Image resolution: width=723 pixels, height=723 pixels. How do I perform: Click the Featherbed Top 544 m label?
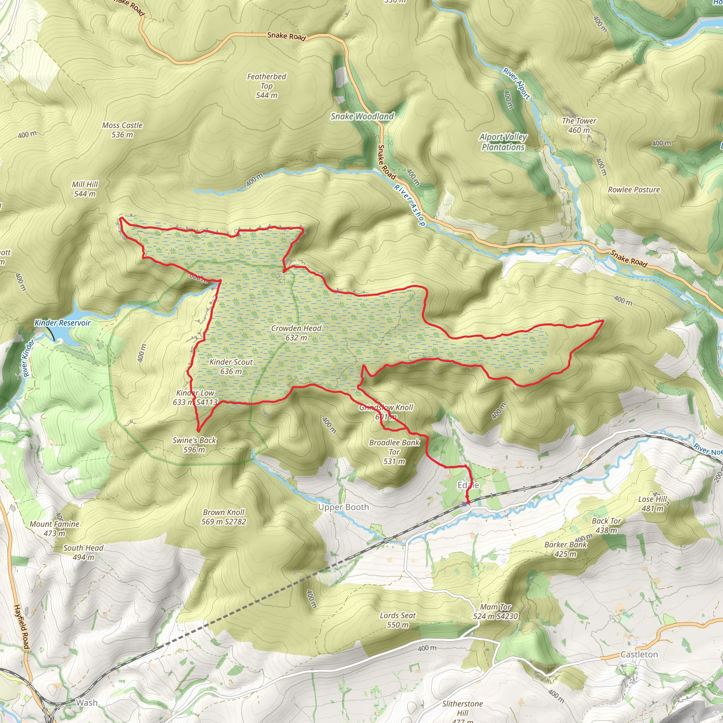pyautogui.click(x=267, y=86)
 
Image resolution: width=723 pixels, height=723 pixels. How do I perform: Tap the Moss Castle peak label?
pyautogui.click(x=122, y=130)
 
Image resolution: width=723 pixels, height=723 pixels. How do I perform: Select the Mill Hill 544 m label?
pyautogui.click(x=85, y=189)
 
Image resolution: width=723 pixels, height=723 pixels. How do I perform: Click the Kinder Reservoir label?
pyautogui.click(x=62, y=323)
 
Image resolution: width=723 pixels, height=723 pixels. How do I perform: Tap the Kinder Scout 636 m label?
pyautogui.click(x=231, y=366)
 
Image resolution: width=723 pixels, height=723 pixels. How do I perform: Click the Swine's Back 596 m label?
pyautogui.click(x=194, y=444)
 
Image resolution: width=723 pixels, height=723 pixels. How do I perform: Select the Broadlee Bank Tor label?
pyautogui.click(x=394, y=452)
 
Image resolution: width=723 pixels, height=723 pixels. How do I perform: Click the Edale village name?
pyautogui.click(x=468, y=485)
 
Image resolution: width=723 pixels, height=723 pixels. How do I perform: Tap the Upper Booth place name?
pyautogui.click(x=343, y=507)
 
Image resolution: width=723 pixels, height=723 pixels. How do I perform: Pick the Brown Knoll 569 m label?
pyautogui.click(x=223, y=516)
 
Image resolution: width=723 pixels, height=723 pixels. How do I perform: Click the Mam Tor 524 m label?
pyautogui.click(x=495, y=611)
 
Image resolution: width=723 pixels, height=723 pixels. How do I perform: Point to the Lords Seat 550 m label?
pyautogui.click(x=398, y=620)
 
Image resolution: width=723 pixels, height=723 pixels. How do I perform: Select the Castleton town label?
pyautogui.click(x=639, y=654)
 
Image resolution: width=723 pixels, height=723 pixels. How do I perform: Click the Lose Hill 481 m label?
pyautogui.click(x=652, y=503)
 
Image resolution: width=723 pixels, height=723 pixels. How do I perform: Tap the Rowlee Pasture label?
pyautogui.click(x=634, y=190)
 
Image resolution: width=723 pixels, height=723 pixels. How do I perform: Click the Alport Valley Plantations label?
pyautogui.click(x=503, y=142)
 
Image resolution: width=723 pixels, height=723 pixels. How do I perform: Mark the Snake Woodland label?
pyautogui.click(x=362, y=116)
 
